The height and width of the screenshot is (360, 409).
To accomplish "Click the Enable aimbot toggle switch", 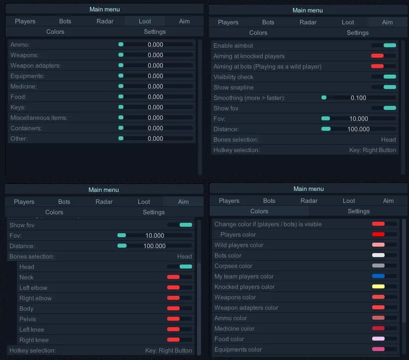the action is [384, 45].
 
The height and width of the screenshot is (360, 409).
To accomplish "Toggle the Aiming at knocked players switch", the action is [384, 56].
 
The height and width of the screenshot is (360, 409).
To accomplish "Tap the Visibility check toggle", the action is [384, 77].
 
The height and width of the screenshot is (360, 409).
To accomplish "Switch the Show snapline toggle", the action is [384, 87].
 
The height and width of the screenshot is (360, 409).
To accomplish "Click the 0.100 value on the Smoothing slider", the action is [358, 98].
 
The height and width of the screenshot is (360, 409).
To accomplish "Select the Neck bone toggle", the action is [180, 277].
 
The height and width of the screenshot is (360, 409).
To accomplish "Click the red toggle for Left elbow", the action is [180, 287].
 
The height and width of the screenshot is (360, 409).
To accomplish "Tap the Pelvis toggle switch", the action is [180, 319].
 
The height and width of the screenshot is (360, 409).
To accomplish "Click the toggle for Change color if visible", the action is [385, 224].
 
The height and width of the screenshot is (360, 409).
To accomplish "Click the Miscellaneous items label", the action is [39, 118].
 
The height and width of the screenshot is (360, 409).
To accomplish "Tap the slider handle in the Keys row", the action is [121, 107].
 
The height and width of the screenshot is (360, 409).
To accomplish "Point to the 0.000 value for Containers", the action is [155, 128].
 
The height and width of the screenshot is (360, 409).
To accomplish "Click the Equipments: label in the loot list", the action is [27, 76].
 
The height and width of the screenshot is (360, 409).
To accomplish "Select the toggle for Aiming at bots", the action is [384, 66].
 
